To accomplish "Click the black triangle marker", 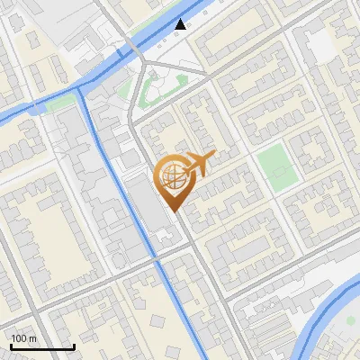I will [x=181, y=24].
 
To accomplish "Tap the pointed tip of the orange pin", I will [x=174, y=212].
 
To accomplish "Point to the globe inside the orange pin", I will [x=172, y=178].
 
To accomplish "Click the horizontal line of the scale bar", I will [x=41, y=346].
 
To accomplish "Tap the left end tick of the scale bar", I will [x=10, y=345].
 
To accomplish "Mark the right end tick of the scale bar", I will [x=74, y=345].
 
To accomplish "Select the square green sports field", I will [x=275, y=163].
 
